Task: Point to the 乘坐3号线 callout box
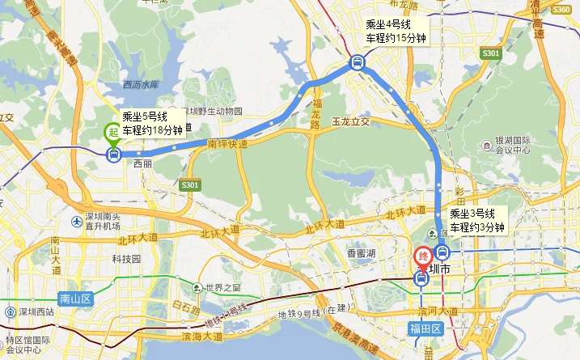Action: (x=478, y=220)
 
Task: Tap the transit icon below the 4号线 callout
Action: (x=357, y=61)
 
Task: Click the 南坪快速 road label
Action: (x=227, y=144)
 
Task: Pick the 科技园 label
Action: (x=126, y=259)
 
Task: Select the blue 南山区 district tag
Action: (x=75, y=299)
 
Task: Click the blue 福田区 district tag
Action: (x=424, y=328)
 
